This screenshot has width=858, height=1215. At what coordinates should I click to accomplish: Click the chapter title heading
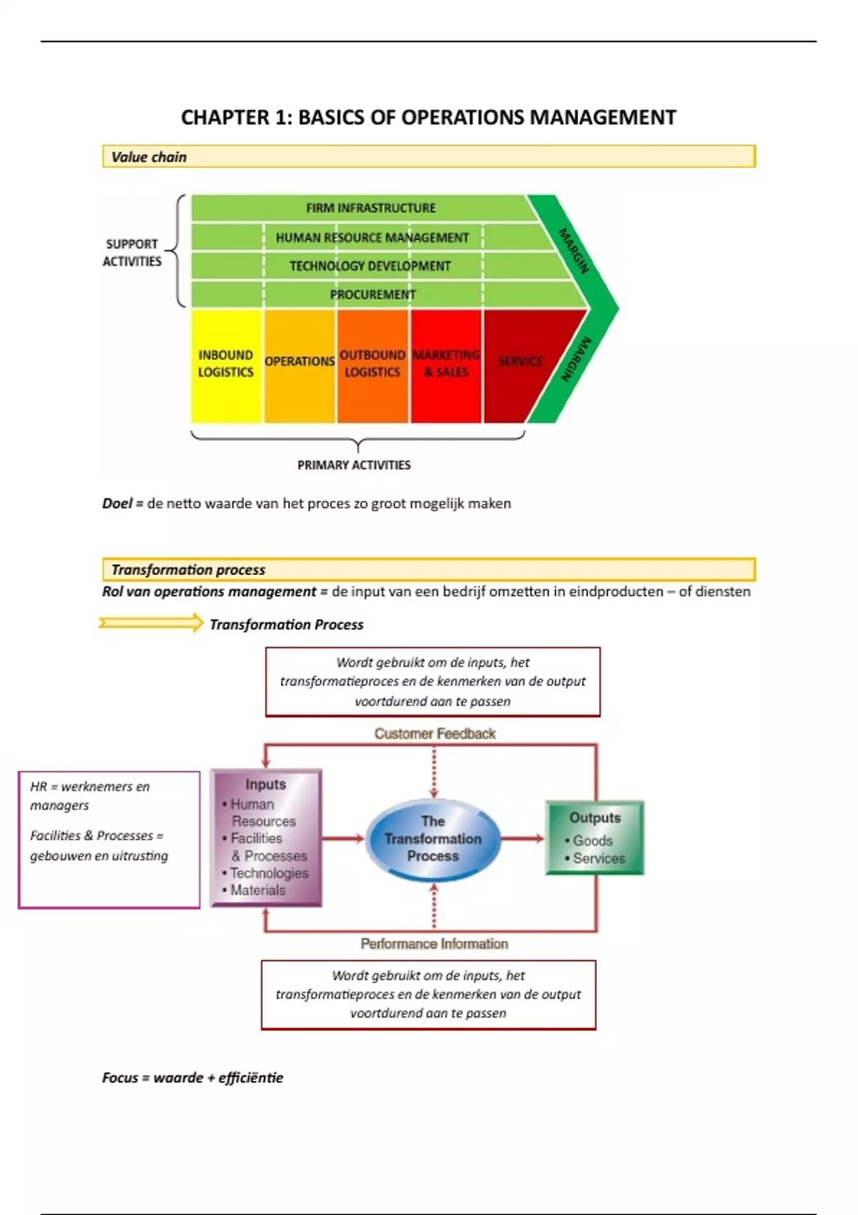[x=428, y=117]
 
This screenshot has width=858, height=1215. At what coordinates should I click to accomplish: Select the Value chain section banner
[x=428, y=157]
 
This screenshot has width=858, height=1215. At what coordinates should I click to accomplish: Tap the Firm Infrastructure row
[x=370, y=208]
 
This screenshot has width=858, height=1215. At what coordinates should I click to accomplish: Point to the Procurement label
[x=373, y=294]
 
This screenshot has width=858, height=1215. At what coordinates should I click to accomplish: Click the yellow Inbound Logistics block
[x=226, y=364]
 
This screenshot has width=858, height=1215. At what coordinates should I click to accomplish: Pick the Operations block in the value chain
[x=300, y=364]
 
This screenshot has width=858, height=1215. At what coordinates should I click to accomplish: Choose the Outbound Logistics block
[x=373, y=364]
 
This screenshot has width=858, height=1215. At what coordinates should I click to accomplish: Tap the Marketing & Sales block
[x=446, y=364]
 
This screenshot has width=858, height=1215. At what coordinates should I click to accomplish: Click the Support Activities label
[x=132, y=253]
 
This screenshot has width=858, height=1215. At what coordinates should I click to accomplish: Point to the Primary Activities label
[x=354, y=465]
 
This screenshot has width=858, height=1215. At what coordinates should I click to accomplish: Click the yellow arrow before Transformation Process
[x=152, y=623]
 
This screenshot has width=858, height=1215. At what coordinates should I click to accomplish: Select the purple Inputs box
[x=266, y=838]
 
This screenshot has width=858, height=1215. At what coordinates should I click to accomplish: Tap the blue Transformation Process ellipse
[x=433, y=839]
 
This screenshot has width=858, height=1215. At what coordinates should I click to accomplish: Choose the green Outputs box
[x=595, y=838]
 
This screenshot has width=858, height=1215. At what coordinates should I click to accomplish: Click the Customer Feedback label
[x=435, y=734]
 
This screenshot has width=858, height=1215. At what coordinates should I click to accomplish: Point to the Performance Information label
[x=434, y=944]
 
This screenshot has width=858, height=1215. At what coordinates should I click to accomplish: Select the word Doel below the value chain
[x=117, y=504]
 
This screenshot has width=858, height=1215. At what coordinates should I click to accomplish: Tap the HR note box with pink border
[x=109, y=840]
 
